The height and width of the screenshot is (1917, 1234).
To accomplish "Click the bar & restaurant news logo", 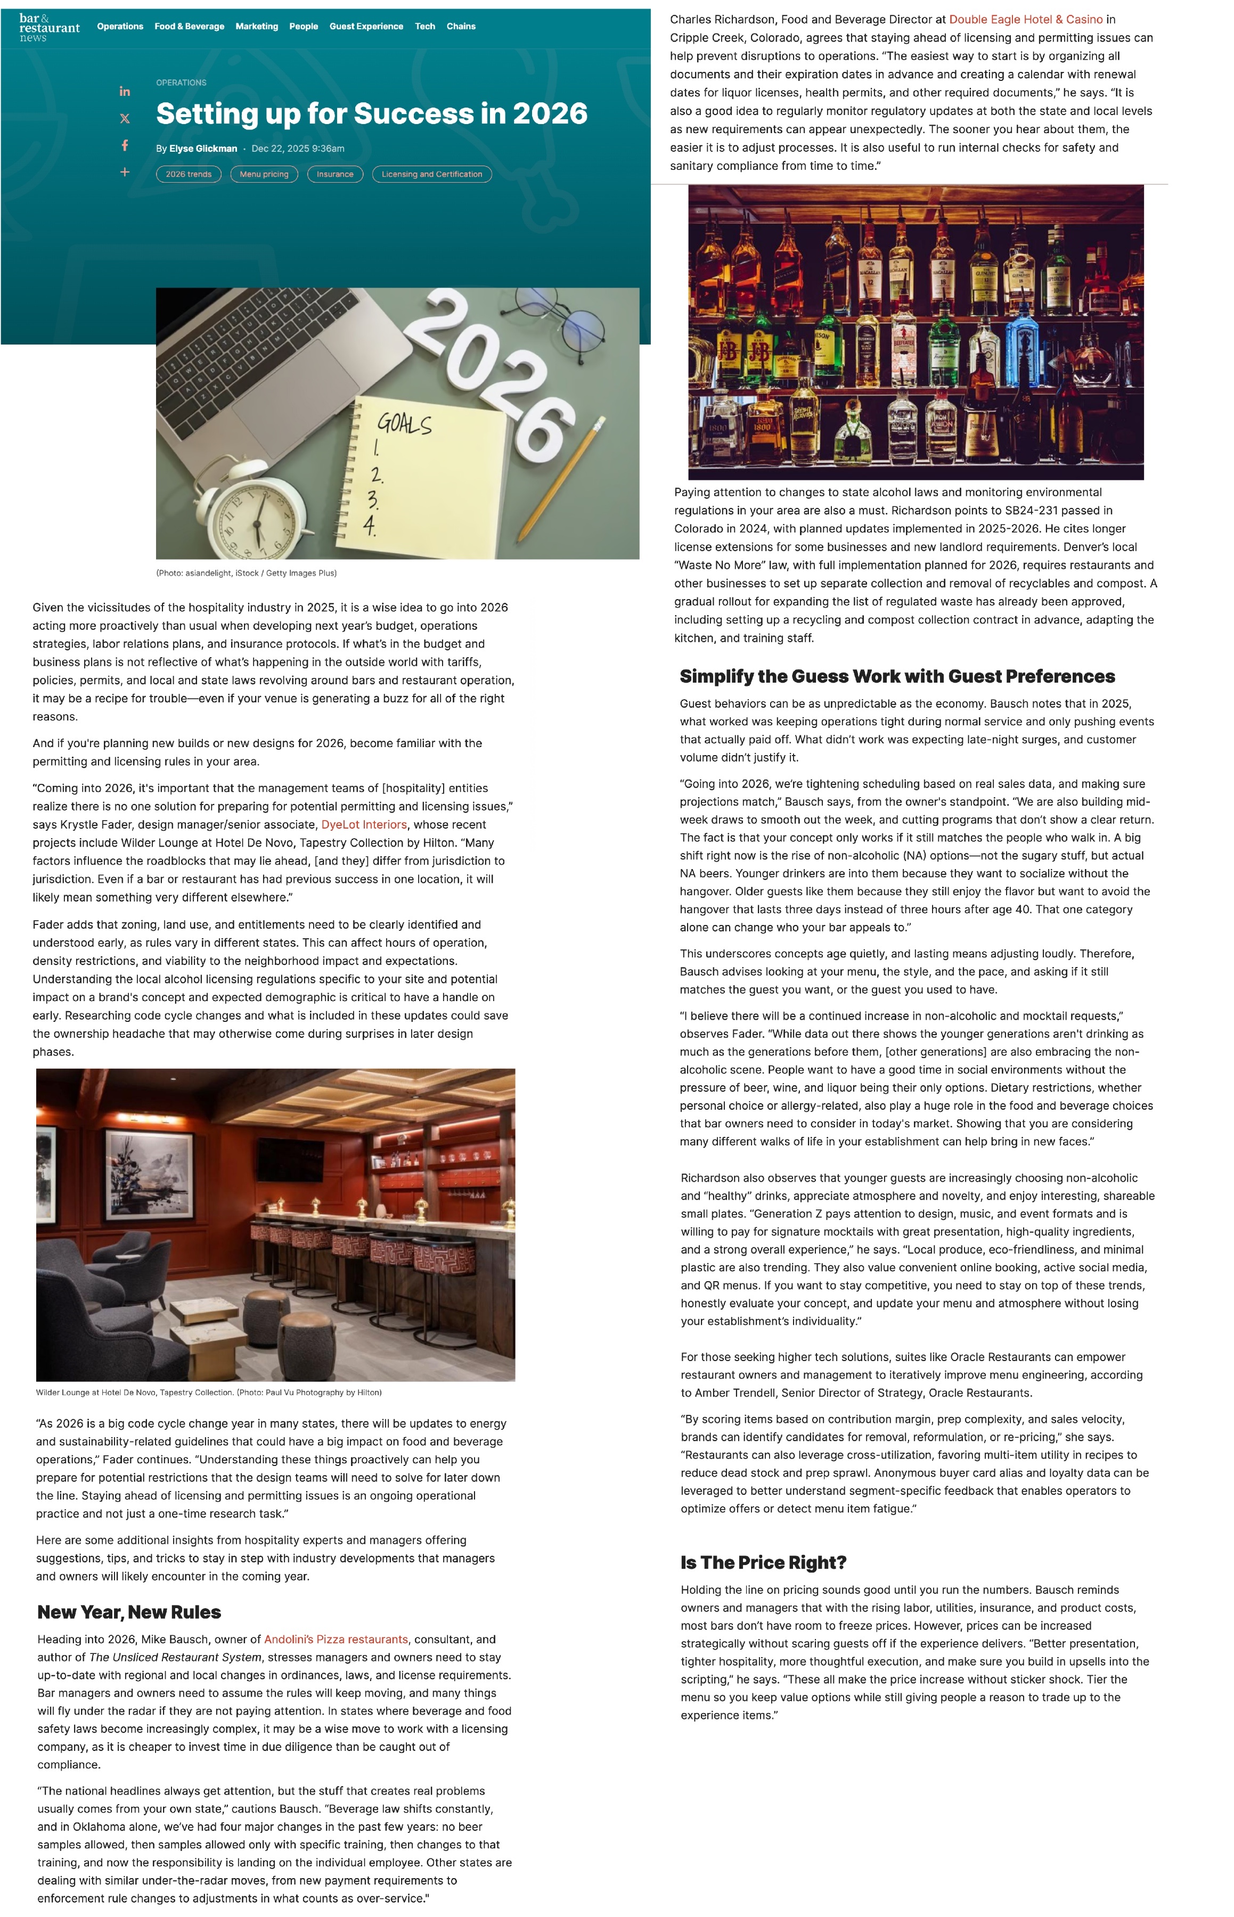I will [x=49, y=27].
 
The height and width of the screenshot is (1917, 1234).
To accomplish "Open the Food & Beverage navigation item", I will [x=189, y=27].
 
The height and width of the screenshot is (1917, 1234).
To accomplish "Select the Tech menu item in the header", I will [x=424, y=27].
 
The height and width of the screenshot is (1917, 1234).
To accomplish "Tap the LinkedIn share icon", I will [x=125, y=92].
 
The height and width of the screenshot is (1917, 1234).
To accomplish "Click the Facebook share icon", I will [x=125, y=145].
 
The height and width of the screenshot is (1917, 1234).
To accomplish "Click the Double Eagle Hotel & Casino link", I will [x=1026, y=19].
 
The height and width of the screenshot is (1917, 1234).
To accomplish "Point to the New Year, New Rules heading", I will [x=129, y=1612].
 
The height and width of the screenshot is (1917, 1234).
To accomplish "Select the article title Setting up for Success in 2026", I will [x=371, y=114].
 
